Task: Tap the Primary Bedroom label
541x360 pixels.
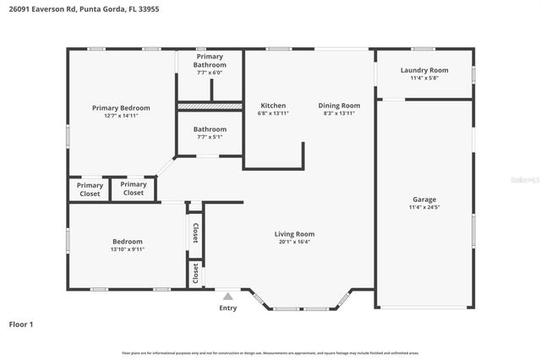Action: point(121,108)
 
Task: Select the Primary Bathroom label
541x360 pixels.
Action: point(210,62)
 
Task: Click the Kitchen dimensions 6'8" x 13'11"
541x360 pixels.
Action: point(274,113)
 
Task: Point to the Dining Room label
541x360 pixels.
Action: point(339,106)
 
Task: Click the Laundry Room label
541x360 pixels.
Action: point(424,70)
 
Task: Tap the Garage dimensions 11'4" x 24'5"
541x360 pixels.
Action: point(424,207)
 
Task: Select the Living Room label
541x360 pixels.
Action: point(294,234)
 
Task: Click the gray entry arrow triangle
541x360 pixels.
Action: point(227,296)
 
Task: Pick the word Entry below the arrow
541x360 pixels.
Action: point(228,308)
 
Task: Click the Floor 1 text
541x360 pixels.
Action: point(21,324)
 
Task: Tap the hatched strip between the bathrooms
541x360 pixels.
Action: point(210,106)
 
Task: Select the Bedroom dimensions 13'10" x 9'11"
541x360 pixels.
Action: point(128,249)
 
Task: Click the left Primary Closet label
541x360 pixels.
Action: point(90,189)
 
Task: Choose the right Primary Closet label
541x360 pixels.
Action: point(134,188)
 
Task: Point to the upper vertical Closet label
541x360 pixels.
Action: point(195,232)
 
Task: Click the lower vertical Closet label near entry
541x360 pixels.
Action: point(195,273)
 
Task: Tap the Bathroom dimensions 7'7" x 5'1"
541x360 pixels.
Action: point(210,137)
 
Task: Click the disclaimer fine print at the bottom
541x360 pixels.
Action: point(270,352)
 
